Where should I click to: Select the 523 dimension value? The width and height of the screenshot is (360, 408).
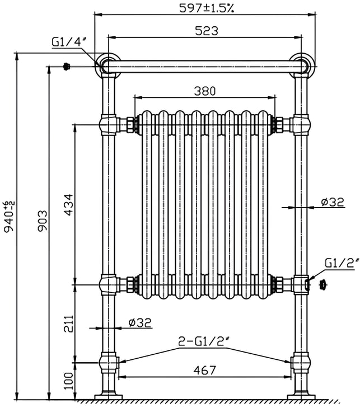207,31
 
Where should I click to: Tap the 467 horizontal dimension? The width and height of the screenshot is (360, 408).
205,371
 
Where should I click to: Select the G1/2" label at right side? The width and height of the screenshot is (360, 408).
341,263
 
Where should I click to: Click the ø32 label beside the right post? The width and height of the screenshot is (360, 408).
333,203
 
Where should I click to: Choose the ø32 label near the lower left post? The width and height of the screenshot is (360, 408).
140,322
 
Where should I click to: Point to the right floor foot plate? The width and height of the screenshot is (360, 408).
301,396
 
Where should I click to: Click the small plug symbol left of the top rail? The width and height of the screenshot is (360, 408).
67,67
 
